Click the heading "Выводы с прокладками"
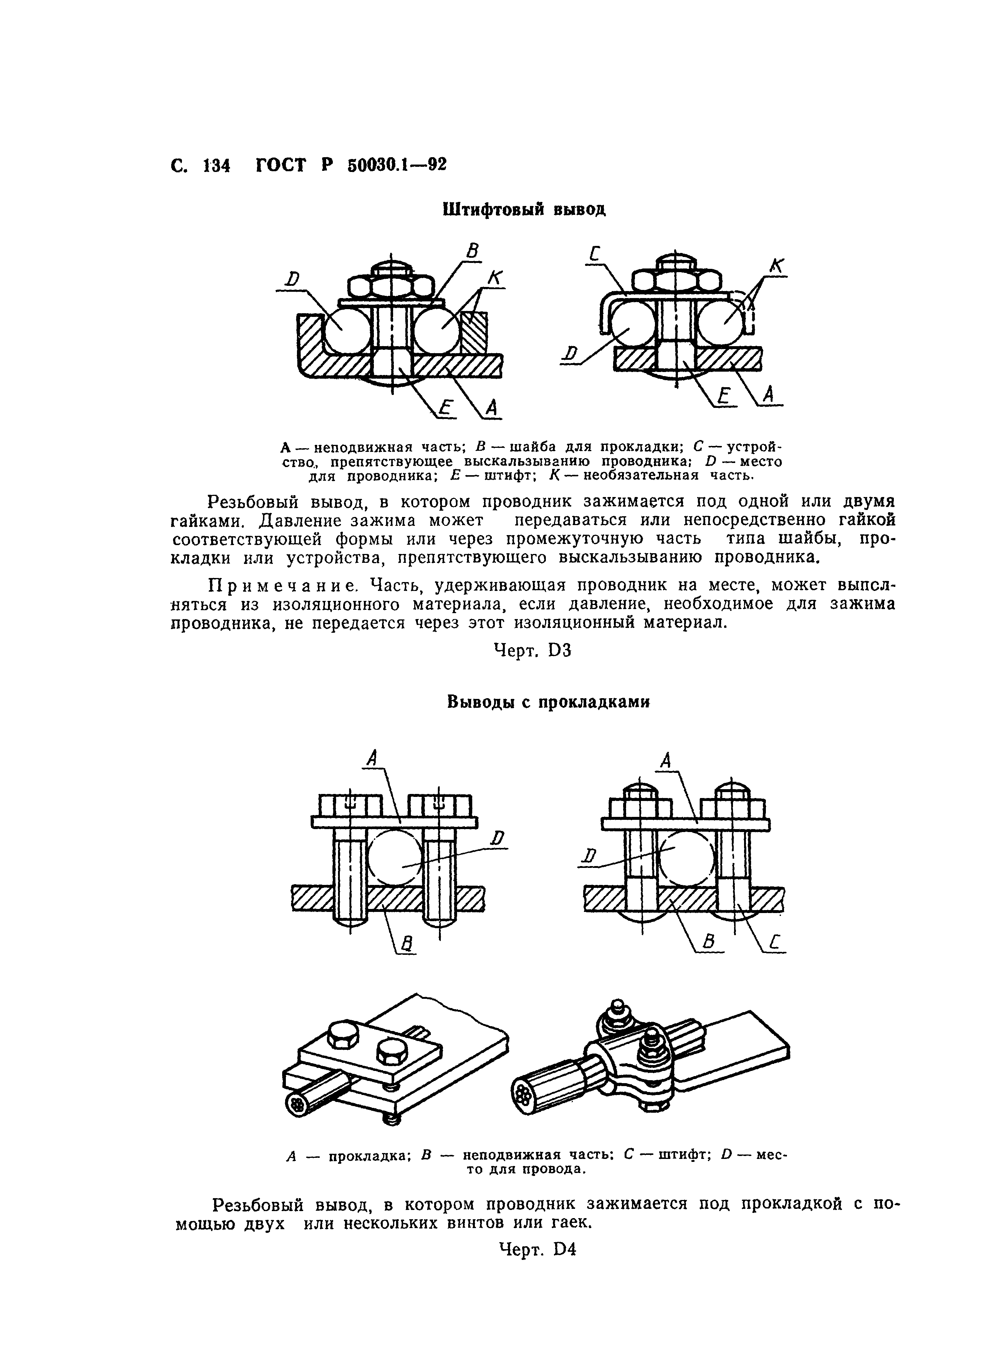click(548, 702)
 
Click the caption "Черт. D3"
click(532, 650)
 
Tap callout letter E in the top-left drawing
click(447, 407)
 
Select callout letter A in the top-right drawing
click(769, 395)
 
